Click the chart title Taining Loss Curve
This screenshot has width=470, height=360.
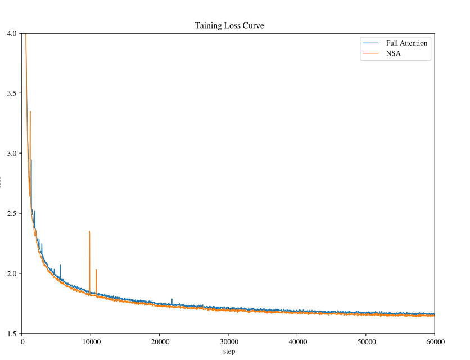tap(229, 25)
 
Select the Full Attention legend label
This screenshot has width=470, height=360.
tap(406, 43)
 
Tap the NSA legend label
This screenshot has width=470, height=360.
tap(393, 54)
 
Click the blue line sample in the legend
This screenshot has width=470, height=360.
tap(370, 43)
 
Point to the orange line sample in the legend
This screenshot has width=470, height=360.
tap(370, 54)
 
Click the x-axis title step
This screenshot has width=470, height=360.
tap(229, 352)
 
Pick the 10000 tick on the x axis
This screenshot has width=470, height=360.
tap(91, 341)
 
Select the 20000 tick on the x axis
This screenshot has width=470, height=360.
tap(160, 341)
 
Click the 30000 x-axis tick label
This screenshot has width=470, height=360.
tap(228, 341)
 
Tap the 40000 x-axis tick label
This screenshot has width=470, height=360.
tap(297, 341)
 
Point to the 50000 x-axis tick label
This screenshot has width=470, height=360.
tap(366, 341)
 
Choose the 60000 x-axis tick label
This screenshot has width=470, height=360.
tap(435, 341)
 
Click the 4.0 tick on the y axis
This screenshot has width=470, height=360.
tap(11, 33)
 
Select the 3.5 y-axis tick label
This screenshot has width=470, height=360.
tap(11, 93)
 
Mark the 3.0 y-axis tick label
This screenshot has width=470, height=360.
tap(11, 153)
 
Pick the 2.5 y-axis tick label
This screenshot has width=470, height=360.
tap(11, 213)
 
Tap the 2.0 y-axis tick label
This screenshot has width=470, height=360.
tap(11, 273)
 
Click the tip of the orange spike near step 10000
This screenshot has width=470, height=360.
tap(89, 231)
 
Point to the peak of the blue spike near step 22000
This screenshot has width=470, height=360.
tap(172, 299)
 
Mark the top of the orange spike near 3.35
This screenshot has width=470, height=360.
tap(30, 111)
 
